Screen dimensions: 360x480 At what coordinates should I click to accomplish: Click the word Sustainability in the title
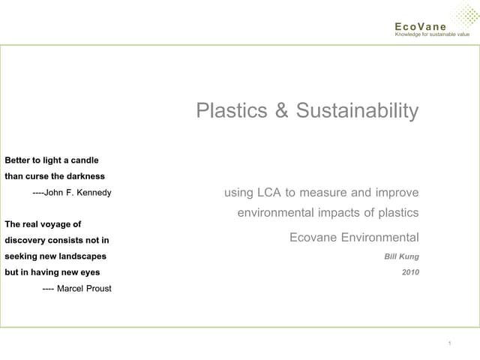(x=357, y=111)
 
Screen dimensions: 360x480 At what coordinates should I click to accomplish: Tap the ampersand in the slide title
(x=281, y=111)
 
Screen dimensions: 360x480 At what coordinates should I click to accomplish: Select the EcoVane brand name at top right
(x=420, y=26)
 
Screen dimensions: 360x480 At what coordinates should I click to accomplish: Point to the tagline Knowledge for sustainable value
(x=432, y=34)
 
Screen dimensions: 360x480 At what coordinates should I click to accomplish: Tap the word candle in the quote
(x=82, y=160)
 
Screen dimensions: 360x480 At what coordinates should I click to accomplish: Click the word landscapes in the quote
(x=83, y=256)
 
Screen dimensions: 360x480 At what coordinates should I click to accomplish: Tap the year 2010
(x=410, y=272)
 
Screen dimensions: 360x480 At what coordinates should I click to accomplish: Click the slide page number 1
(x=448, y=343)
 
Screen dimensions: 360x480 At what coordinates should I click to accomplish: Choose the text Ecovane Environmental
(x=354, y=238)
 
